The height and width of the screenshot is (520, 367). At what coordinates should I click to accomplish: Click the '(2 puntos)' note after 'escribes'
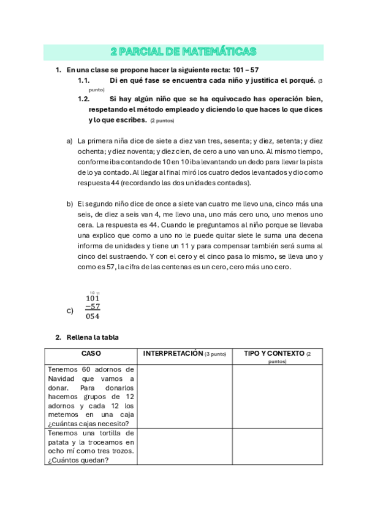click(x=162, y=121)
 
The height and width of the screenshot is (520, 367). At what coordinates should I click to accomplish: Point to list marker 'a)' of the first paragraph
click(x=69, y=140)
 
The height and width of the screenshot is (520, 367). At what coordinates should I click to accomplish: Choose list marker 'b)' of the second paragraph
click(x=69, y=204)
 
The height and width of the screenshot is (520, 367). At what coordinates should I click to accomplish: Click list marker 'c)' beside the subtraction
click(x=69, y=311)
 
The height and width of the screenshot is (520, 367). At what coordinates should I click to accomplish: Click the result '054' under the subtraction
click(x=93, y=316)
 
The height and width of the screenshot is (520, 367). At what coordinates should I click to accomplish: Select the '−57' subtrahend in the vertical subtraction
click(x=93, y=307)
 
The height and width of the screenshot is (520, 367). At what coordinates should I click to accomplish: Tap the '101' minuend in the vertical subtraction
click(x=93, y=299)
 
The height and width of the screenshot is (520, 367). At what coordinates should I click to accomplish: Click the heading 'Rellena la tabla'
click(x=93, y=337)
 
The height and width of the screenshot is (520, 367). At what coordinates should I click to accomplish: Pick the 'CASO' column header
click(x=91, y=354)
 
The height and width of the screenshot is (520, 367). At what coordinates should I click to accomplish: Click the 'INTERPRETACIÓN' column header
click(x=184, y=354)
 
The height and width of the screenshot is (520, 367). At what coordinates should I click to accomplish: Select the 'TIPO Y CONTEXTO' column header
click(x=278, y=354)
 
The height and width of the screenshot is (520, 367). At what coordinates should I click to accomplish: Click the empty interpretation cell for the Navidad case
click(x=186, y=396)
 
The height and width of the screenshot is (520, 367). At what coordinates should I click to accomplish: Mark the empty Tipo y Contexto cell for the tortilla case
click(x=278, y=446)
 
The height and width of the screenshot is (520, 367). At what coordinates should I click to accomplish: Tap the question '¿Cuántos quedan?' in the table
click(x=77, y=461)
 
